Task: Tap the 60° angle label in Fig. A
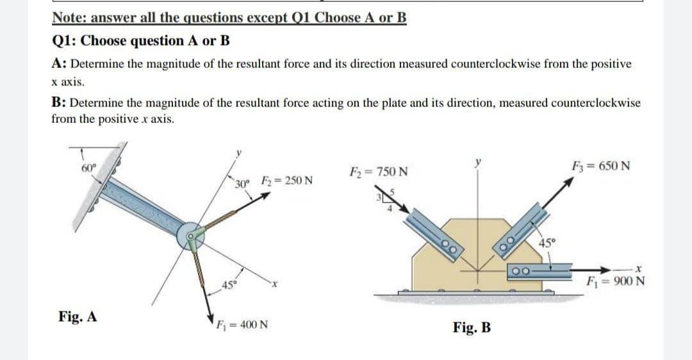pyautogui.click(x=88, y=168)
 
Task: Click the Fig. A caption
pyautogui.click(x=78, y=316)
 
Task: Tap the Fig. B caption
pyautogui.click(x=472, y=329)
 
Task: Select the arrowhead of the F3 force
pyautogui.click(x=568, y=183)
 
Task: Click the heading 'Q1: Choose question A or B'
pyautogui.click(x=140, y=40)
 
